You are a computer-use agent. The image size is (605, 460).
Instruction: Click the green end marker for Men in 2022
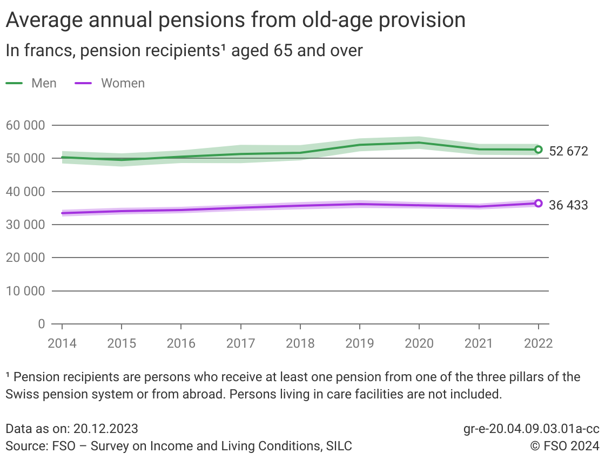pos(538,150)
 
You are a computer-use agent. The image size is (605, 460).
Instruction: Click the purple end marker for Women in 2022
pos(538,204)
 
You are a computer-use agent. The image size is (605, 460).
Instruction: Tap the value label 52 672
pos(568,151)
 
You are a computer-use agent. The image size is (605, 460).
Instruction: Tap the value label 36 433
pos(568,205)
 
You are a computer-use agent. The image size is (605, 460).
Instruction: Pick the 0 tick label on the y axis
pos(41,324)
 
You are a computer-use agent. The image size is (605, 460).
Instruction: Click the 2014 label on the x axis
pos(62,344)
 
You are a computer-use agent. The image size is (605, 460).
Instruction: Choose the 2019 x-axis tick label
pos(360,344)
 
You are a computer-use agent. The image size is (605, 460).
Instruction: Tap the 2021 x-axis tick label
pos(479,344)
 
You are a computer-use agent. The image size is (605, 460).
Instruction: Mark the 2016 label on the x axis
pos(181,344)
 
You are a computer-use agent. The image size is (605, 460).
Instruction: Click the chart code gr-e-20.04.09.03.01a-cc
pos(531,429)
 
